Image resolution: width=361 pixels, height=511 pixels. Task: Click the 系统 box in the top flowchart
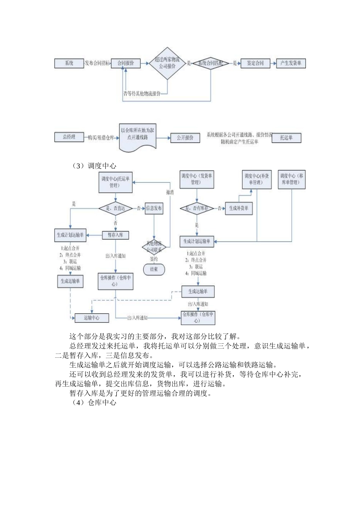[x=69, y=63]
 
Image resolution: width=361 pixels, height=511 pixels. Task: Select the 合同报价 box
[x=125, y=63]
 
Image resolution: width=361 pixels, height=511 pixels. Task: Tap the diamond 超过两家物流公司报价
[x=167, y=63]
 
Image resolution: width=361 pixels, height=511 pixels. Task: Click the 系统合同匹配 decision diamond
[x=211, y=63]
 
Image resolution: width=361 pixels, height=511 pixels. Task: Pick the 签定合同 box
[x=255, y=63]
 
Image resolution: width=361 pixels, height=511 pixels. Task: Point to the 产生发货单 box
[x=291, y=63]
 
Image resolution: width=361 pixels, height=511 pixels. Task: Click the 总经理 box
[x=69, y=137]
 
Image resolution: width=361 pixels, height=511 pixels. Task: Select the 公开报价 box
[x=185, y=138]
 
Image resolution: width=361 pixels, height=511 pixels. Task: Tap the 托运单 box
[x=286, y=138]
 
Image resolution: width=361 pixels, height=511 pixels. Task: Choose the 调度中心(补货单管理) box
[x=257, y=179]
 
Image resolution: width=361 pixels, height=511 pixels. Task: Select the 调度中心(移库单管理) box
[x=291, y=179]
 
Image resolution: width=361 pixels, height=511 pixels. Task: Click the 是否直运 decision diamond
[x=116, y=208]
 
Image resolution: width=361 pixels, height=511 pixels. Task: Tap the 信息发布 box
[x=154, y=208]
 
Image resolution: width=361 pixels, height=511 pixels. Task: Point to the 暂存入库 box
[x=116, y=235]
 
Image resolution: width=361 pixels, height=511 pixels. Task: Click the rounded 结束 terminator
[x=154, y=269]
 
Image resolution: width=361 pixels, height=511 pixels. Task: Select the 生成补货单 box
[x=239, y=208]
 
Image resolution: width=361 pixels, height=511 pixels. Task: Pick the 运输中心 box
[x=92, y=318]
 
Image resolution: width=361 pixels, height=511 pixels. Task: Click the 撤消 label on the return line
[x=170, y=192]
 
